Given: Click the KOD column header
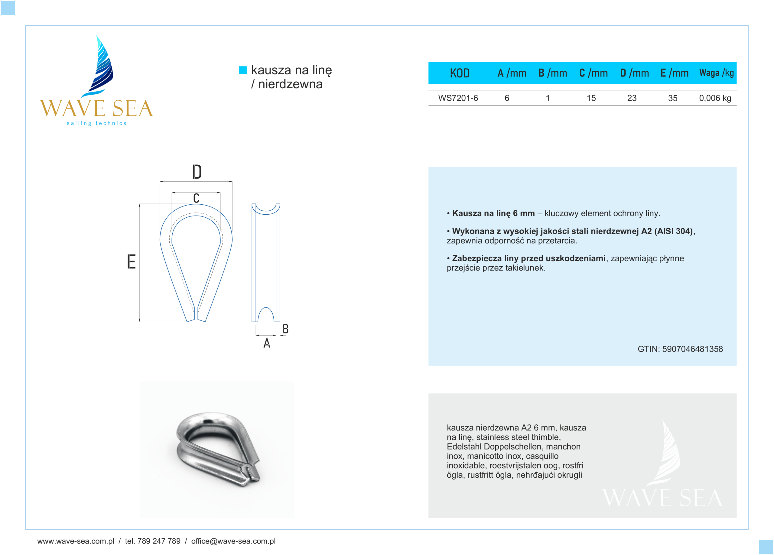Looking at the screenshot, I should pyautogui.click(x=459, y=73).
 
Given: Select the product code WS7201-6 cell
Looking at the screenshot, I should pyautogui.click(x=458, y=98).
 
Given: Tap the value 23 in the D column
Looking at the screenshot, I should pyautogui.click(x=632, y=98).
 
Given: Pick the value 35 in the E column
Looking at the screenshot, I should pyautogui.click(x=672, y=98).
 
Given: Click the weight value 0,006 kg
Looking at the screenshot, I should pyautogui.click(x=715, y=98).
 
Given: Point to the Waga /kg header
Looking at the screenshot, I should pyautogui.click(x=716, y=73).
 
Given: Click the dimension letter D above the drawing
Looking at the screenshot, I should pyautogui.click(x=197, y=172).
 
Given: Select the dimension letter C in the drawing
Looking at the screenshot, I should pyautogui.click(x=196, y=198).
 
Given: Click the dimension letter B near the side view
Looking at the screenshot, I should pyautogui.click(x=285, y=329).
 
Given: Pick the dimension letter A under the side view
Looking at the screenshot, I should pyautogui.click(x=267, y=343).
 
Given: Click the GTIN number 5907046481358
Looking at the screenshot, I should pyautogui.click(x=692, y=349).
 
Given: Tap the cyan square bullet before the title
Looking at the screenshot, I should pyautogui.click(x=243, y=70).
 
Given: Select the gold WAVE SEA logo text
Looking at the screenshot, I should pyautogui.click(x=96, y=109).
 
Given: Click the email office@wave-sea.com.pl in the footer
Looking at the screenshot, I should pyautogui.click(x=233, y=541).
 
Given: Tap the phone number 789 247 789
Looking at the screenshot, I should pyautogui.click(x=159, y=541).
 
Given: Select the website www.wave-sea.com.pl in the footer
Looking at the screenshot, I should pyautogui.click(x=76, y=541).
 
